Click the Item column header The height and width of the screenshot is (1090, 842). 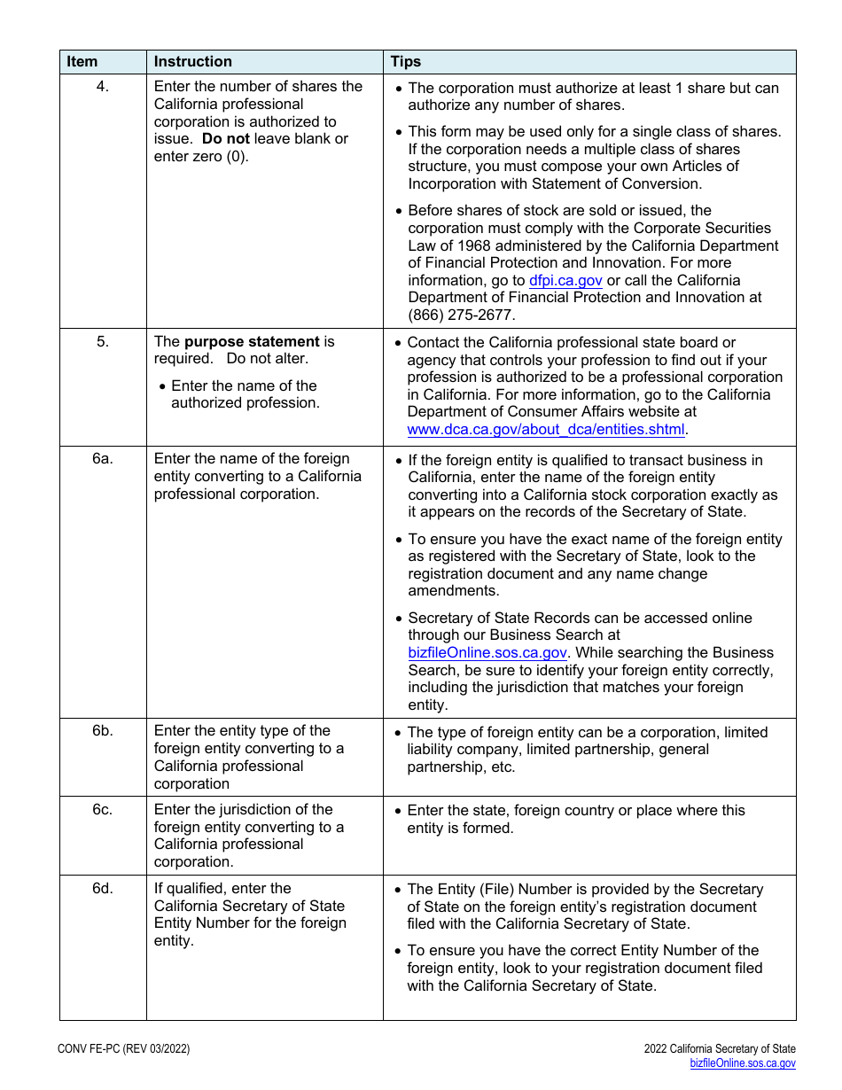pyautogui.click(x=82, y=62)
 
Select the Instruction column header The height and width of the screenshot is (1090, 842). pyautogui.click(x=192, y=62)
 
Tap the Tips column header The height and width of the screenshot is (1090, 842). pyautogui.click(x=406, y=62)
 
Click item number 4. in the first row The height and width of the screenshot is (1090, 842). pyautogui.click(x=103, y=87)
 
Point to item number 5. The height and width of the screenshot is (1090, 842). pyautogui.click(x=103, y=342)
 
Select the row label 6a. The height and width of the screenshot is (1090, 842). pyautogui.click(x=103, y=459)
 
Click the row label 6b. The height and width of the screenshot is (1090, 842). pyautogui.click(x=103, y=731)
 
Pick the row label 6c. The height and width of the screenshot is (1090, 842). pyautogui.click(x=103, y=810)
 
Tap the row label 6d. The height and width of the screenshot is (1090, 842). pyautogui.click(x=103, y=889)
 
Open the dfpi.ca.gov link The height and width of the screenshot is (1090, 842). pyautogui.click(x=565, y=281)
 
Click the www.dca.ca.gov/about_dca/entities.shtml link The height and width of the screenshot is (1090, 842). pyautogui.click(x=546, y=430)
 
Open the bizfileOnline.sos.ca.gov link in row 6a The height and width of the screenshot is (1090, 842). pyautogui.click(x=487, y=653)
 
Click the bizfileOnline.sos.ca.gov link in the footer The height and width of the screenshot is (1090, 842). pyautogui.click(x=743, y=1063)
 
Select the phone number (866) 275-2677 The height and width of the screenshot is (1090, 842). pyautogui.click(x=461, y=315)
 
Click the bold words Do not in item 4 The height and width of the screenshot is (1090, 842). pyautogui.click(x=226, y=139)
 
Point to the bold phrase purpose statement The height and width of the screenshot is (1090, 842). pyautogui.click(x=252, y=342)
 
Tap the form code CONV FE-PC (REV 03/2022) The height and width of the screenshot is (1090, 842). pyautogui.click(x=123, y=1049)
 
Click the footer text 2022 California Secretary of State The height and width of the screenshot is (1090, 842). pyautogui.click(x=720, y=1049)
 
